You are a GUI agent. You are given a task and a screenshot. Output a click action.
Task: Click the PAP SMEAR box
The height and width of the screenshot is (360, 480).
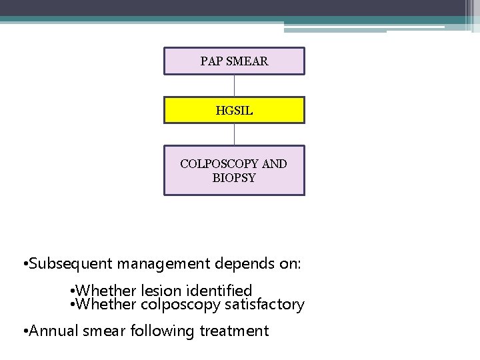tap(234, 61)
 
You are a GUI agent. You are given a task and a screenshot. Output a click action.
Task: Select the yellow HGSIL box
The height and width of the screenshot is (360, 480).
tap(234, 110)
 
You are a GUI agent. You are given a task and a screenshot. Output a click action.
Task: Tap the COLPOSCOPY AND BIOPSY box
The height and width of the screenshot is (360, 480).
tap(234, 170)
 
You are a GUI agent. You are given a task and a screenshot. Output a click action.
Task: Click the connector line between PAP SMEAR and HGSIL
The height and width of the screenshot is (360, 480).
tap(234, 85)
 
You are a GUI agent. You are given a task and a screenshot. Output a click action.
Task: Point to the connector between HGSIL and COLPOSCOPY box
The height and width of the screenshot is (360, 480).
tap(234, 134)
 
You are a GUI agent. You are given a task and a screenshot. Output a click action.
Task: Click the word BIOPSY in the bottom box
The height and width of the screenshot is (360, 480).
tap(234, 178)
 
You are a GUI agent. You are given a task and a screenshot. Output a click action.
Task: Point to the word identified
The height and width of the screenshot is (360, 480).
tap(217, 291)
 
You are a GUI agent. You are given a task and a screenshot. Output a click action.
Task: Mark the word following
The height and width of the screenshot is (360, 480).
tap(162, 331)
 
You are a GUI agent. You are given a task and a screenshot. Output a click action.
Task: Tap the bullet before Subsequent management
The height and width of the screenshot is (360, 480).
tap(24, 265)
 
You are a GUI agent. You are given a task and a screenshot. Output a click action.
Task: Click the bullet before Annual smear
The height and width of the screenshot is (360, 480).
tap(24, 331)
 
